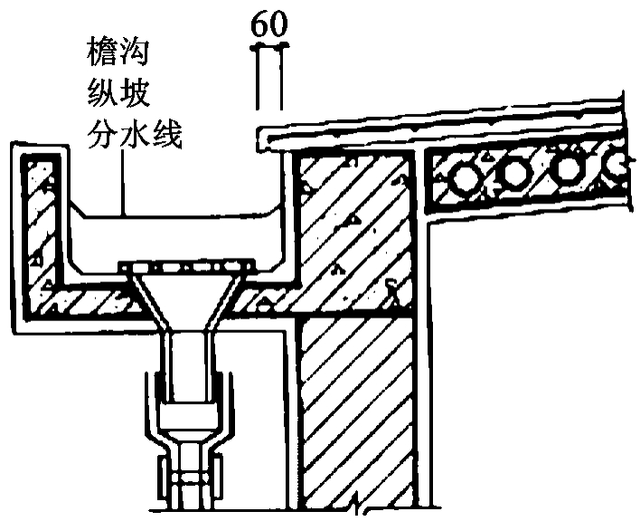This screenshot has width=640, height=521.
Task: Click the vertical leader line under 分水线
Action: point(124,185)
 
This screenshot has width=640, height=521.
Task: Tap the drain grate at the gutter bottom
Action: point(188,267)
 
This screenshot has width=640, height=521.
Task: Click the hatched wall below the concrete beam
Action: point(357,407)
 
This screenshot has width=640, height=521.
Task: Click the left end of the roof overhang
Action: point(264,138)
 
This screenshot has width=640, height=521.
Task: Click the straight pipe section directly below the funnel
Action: point(187,362)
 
